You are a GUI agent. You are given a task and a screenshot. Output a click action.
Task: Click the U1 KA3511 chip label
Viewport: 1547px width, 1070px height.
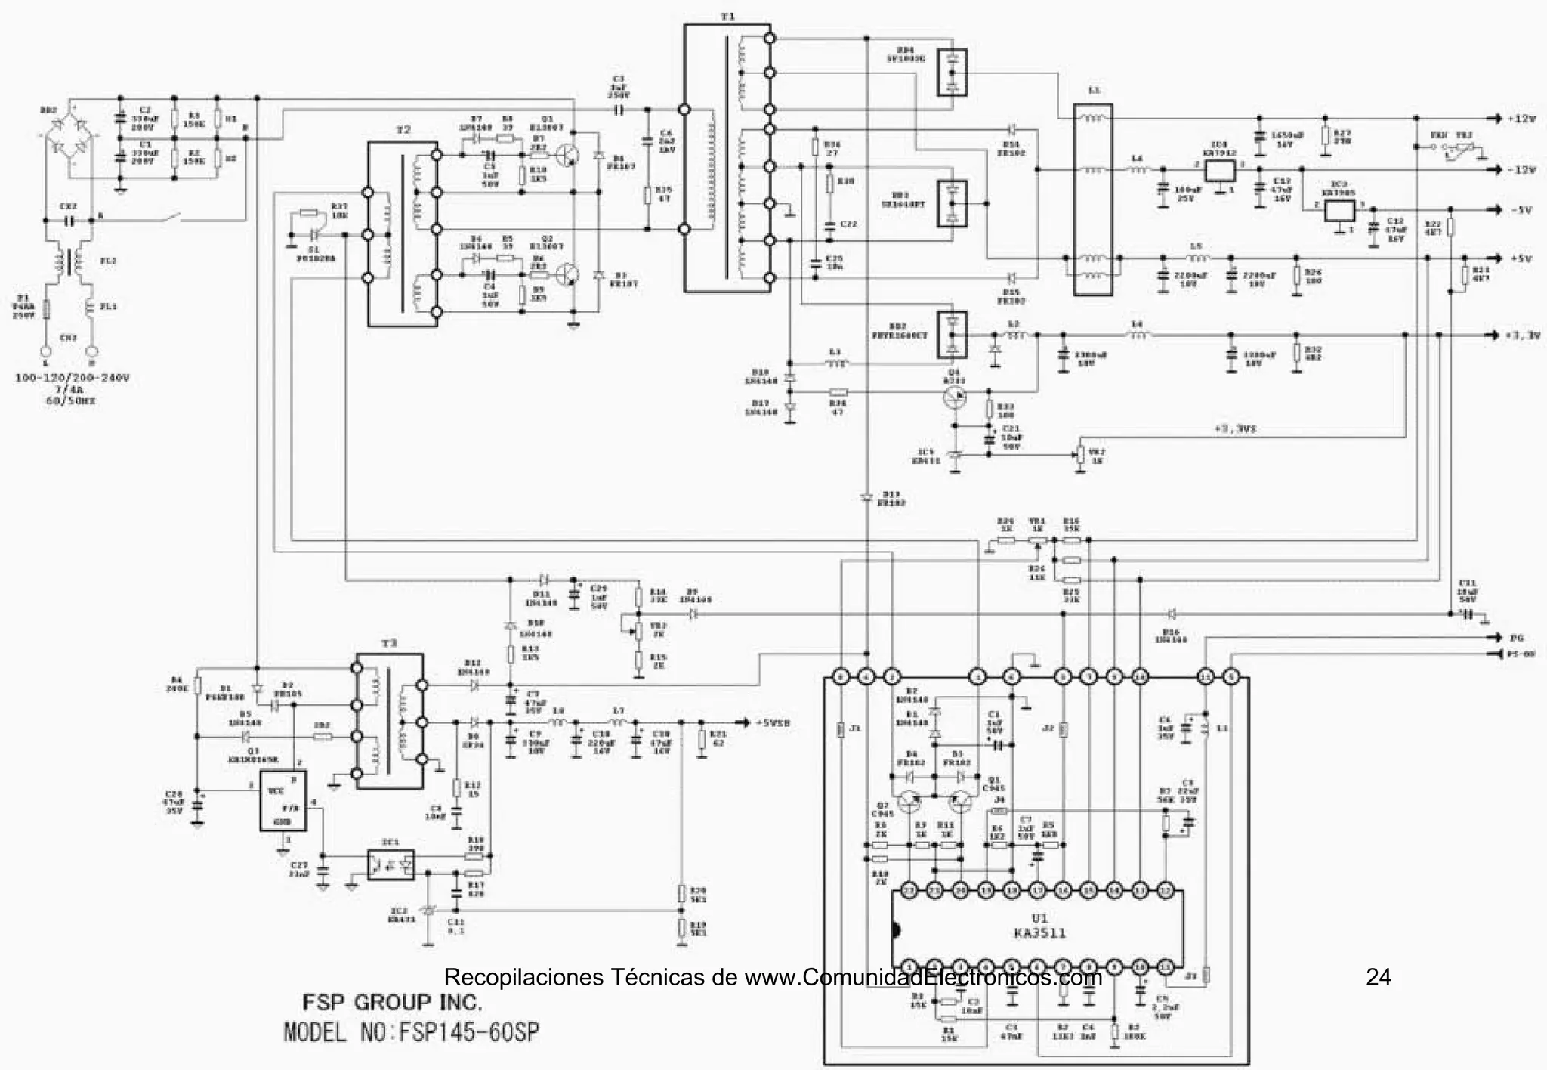(1039, 926)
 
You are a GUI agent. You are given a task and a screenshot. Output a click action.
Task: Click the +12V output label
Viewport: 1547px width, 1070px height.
(1521, 119)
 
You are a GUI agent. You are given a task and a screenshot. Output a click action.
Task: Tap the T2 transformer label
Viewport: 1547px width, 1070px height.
(403, 130)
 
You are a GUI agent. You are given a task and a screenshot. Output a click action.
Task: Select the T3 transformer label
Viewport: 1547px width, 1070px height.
(388, 643)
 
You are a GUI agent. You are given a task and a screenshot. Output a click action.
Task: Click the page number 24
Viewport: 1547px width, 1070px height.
(1378, 977)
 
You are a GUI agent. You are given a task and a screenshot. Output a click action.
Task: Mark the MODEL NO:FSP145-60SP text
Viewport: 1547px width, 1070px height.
(412, 1032)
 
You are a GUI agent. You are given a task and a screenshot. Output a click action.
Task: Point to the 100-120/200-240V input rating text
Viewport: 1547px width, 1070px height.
(72, 377)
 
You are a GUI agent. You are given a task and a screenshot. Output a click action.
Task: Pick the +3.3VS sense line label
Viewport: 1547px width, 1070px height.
(1235, 428)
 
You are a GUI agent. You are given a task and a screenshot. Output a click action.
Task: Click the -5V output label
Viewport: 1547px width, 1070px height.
(1521, 210)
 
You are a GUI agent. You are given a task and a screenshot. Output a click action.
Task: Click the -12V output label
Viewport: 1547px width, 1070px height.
(1521, 170)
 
